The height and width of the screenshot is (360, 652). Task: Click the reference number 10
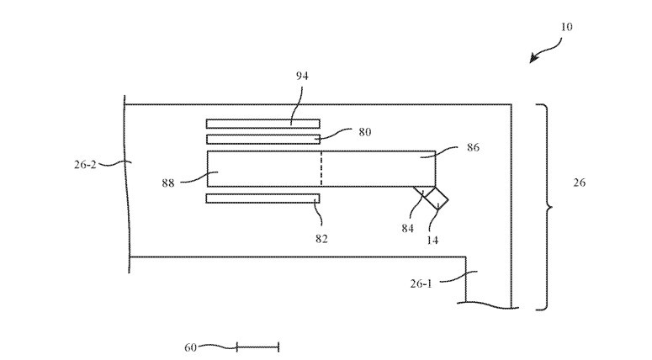click(566, 27)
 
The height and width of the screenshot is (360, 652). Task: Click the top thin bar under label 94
click(262, 123)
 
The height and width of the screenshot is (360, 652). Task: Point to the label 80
click(363, 132)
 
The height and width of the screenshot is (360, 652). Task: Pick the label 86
click(473, 147)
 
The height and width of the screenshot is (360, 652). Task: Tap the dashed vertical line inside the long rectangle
click(321, 169)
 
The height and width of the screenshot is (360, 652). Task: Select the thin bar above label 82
click(262, 199)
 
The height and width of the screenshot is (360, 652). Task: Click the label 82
click(321, 238)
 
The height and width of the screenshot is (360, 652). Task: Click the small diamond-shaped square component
click(436, 199)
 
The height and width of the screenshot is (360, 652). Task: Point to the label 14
click(432, 240)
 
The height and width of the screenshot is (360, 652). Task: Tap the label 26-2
click(86, 165)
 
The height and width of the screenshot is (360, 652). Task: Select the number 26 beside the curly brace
click(579, 183)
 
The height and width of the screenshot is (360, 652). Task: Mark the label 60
click(190, 347)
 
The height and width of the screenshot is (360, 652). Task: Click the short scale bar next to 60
click(257, 347)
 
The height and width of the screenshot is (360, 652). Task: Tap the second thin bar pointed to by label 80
click(262, 139)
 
